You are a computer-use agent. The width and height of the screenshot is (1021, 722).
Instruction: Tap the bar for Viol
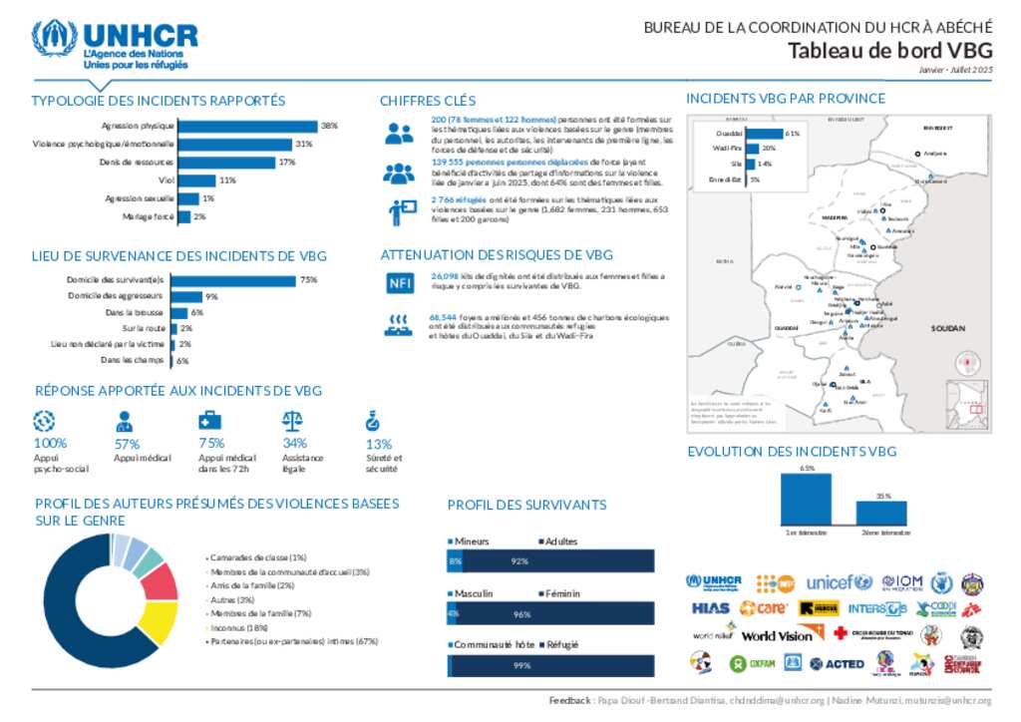pos(195,180)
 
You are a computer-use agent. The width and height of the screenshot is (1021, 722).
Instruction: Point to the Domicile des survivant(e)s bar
pos(233,280)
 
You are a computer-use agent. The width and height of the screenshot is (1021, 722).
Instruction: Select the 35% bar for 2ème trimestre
pos(881,513)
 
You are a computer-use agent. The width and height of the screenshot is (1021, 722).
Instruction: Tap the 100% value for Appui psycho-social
pos(50,444)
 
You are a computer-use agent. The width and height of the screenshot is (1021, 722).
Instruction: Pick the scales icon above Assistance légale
pos(293,421)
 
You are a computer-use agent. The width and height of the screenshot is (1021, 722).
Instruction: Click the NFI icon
pos(399,283)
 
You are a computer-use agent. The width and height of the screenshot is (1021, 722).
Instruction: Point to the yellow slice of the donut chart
pos(160,620)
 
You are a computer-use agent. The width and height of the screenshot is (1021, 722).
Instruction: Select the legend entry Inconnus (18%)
pos(239,628)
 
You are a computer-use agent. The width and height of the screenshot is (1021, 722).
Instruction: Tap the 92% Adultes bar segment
pos(558,561)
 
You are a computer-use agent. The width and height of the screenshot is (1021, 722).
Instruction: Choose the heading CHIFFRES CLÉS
pos(427,101)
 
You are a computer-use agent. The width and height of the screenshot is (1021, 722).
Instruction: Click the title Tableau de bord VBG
pos(890,51)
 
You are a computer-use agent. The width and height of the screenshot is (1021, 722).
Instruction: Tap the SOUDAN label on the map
pos(948,328)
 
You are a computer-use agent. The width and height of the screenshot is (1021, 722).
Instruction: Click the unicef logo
pos(839,582)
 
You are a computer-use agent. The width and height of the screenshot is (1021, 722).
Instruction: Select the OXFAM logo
pos(753,663)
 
